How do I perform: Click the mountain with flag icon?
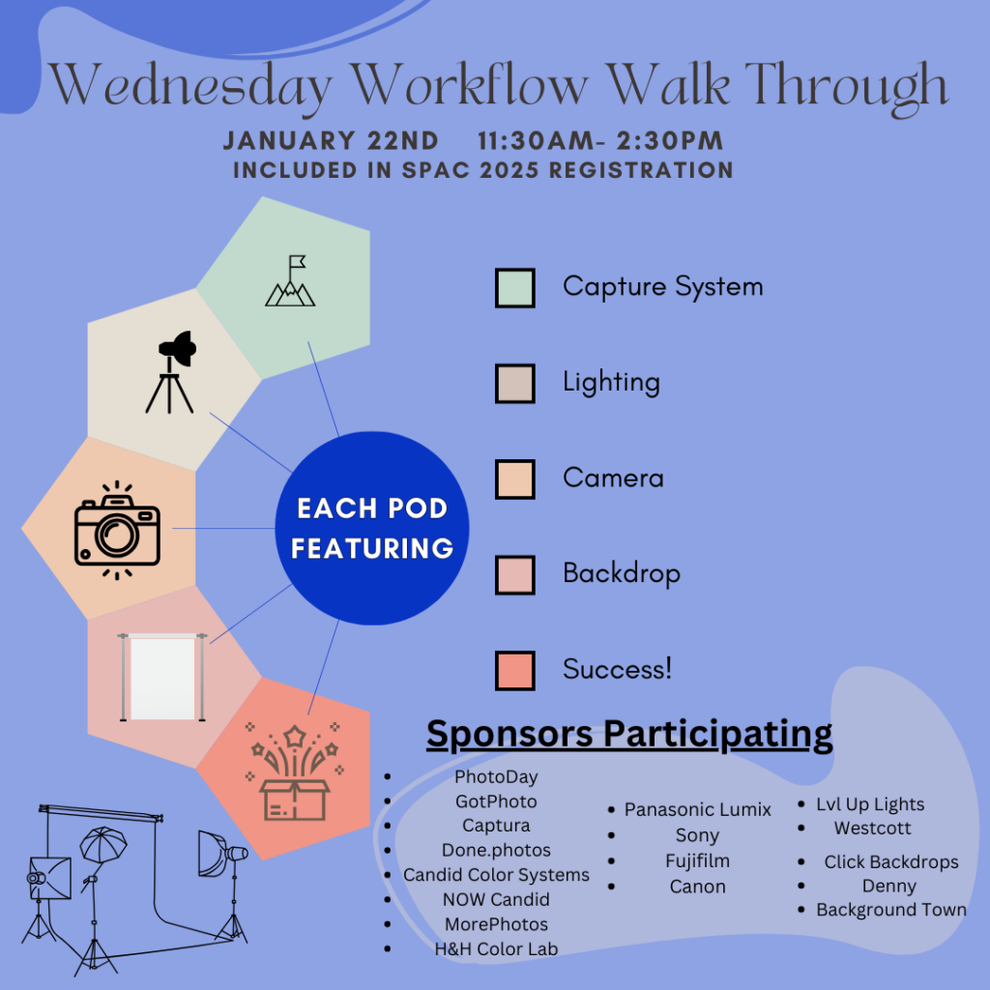(x=290, y=281)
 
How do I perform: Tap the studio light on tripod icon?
(x=170, y=372)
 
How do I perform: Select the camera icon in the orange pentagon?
(x=117, y=530)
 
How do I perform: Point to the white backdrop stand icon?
(x=162, y=677)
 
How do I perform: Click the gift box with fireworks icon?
(x=295, y=772)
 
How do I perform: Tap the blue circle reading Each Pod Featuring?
(x=372, y=529)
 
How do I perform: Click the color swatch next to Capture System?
(x=515, y=288)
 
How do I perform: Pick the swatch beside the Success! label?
(x=515, y=671)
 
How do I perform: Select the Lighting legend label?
(x=611, y=383)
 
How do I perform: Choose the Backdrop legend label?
(x=622, y=574)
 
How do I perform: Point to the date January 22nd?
(x=331, y=140)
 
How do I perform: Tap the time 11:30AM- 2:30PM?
(x=600, y=140)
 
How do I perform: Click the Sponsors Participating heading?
(x=629, y=735)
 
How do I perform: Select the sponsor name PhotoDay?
(x=496, y=777)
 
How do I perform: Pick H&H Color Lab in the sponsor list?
(x=496, y=949)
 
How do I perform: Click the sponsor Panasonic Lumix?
(x=698, y=809)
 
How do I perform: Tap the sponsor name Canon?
(x=698, y=888)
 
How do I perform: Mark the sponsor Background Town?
(x=890, y=910)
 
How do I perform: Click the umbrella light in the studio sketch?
(x=102, y=845)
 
